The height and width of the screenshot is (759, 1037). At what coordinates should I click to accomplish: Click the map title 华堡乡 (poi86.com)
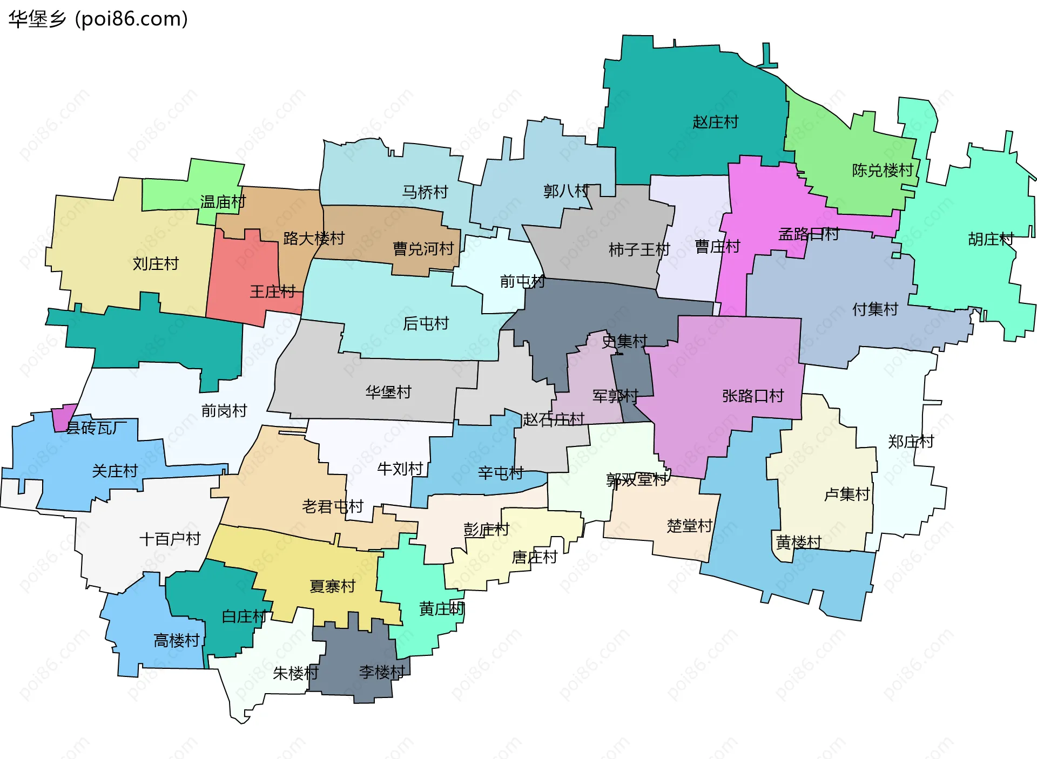98,19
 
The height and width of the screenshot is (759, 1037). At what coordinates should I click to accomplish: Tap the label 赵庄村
715,122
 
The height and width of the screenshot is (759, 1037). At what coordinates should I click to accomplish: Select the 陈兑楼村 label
883,171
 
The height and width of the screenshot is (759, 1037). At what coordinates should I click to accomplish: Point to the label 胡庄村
991,239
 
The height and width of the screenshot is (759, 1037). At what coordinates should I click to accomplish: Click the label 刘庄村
156,264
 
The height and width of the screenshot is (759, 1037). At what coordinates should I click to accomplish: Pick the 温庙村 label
223,202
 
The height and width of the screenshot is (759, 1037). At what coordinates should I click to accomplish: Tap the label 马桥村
425,192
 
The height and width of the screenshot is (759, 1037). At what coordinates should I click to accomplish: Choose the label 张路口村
753,396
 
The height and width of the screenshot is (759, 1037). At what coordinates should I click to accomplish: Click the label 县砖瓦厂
96,428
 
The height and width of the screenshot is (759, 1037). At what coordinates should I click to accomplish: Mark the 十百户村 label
170,539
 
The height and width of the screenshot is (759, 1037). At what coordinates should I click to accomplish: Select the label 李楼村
382,672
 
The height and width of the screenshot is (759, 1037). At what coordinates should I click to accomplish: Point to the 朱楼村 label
295,673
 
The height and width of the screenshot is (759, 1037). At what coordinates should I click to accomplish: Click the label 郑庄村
911,442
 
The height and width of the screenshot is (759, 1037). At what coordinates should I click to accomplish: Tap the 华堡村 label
388,392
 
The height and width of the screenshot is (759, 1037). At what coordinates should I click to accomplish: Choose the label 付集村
875,309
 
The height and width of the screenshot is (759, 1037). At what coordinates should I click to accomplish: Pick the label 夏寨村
332,586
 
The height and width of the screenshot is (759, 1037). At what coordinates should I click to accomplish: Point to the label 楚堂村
690,526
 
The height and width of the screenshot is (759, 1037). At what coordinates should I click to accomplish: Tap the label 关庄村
115,471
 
